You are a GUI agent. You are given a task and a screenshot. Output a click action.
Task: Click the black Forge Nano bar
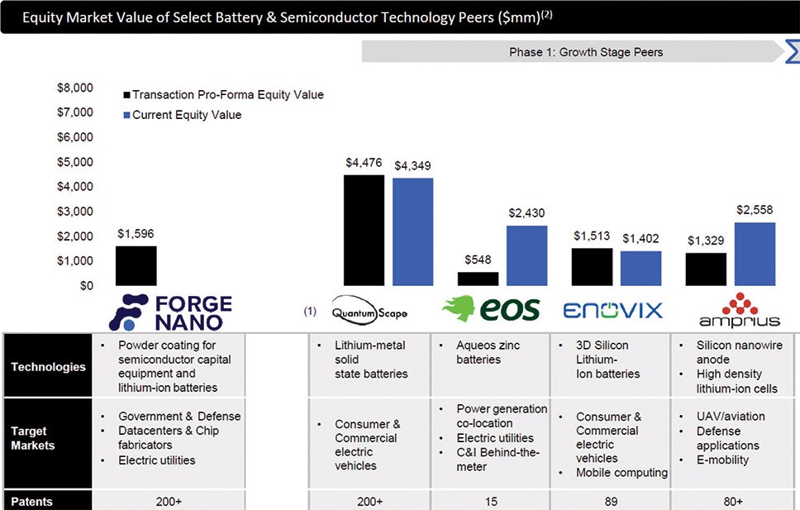(136, 266)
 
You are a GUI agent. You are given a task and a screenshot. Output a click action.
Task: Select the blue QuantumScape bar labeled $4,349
(412, 231)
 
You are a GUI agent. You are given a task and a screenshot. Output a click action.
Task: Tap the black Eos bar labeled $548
(478, 279)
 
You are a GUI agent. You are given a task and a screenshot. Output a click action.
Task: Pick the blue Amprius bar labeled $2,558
(755, 255)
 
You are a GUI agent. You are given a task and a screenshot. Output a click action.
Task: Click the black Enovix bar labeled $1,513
(592, 267)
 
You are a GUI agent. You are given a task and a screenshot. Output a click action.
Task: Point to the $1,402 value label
(640, 238)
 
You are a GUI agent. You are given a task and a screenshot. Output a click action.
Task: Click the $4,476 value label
(364, 163)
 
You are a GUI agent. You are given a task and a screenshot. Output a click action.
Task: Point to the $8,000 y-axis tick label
(75, 88)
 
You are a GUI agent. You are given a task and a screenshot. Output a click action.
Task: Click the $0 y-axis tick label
(86, 286)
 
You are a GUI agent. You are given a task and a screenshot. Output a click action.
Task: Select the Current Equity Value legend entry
(182, 115)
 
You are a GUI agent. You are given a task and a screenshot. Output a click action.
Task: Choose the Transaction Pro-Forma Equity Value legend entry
(223, 94)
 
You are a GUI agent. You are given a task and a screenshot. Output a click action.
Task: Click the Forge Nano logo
(170, 312)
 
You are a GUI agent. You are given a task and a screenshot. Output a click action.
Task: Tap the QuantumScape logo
(369, 309)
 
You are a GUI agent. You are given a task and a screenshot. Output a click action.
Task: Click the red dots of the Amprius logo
(740, 304)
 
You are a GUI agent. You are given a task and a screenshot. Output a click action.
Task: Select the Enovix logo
(612, 311)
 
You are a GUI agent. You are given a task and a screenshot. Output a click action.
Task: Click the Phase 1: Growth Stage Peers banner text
(586, 52)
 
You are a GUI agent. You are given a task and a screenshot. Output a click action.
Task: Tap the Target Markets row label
(33, 438)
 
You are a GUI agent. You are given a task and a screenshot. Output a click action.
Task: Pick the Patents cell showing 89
(611, 502)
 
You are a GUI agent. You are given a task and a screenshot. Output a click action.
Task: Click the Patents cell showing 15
(491, 502)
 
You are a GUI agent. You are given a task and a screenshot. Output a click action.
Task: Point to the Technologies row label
(49, 366)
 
